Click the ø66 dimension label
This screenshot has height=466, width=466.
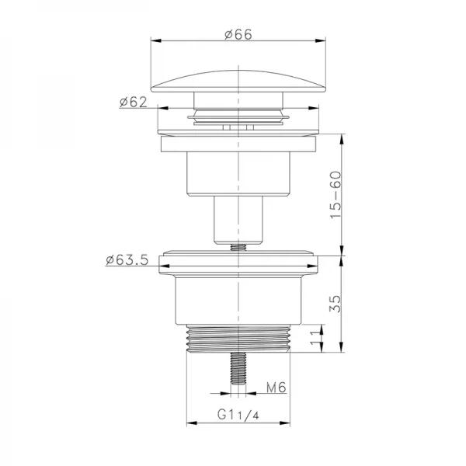coord(238,33)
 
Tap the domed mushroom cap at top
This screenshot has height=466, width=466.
coord(238,82)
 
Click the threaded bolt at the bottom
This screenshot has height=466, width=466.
coord(238,369)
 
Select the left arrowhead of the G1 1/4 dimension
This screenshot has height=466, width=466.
coord(189,423)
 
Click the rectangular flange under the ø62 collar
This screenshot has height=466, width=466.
coord(238,144)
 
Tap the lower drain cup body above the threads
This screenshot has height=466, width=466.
coord(238,299)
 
